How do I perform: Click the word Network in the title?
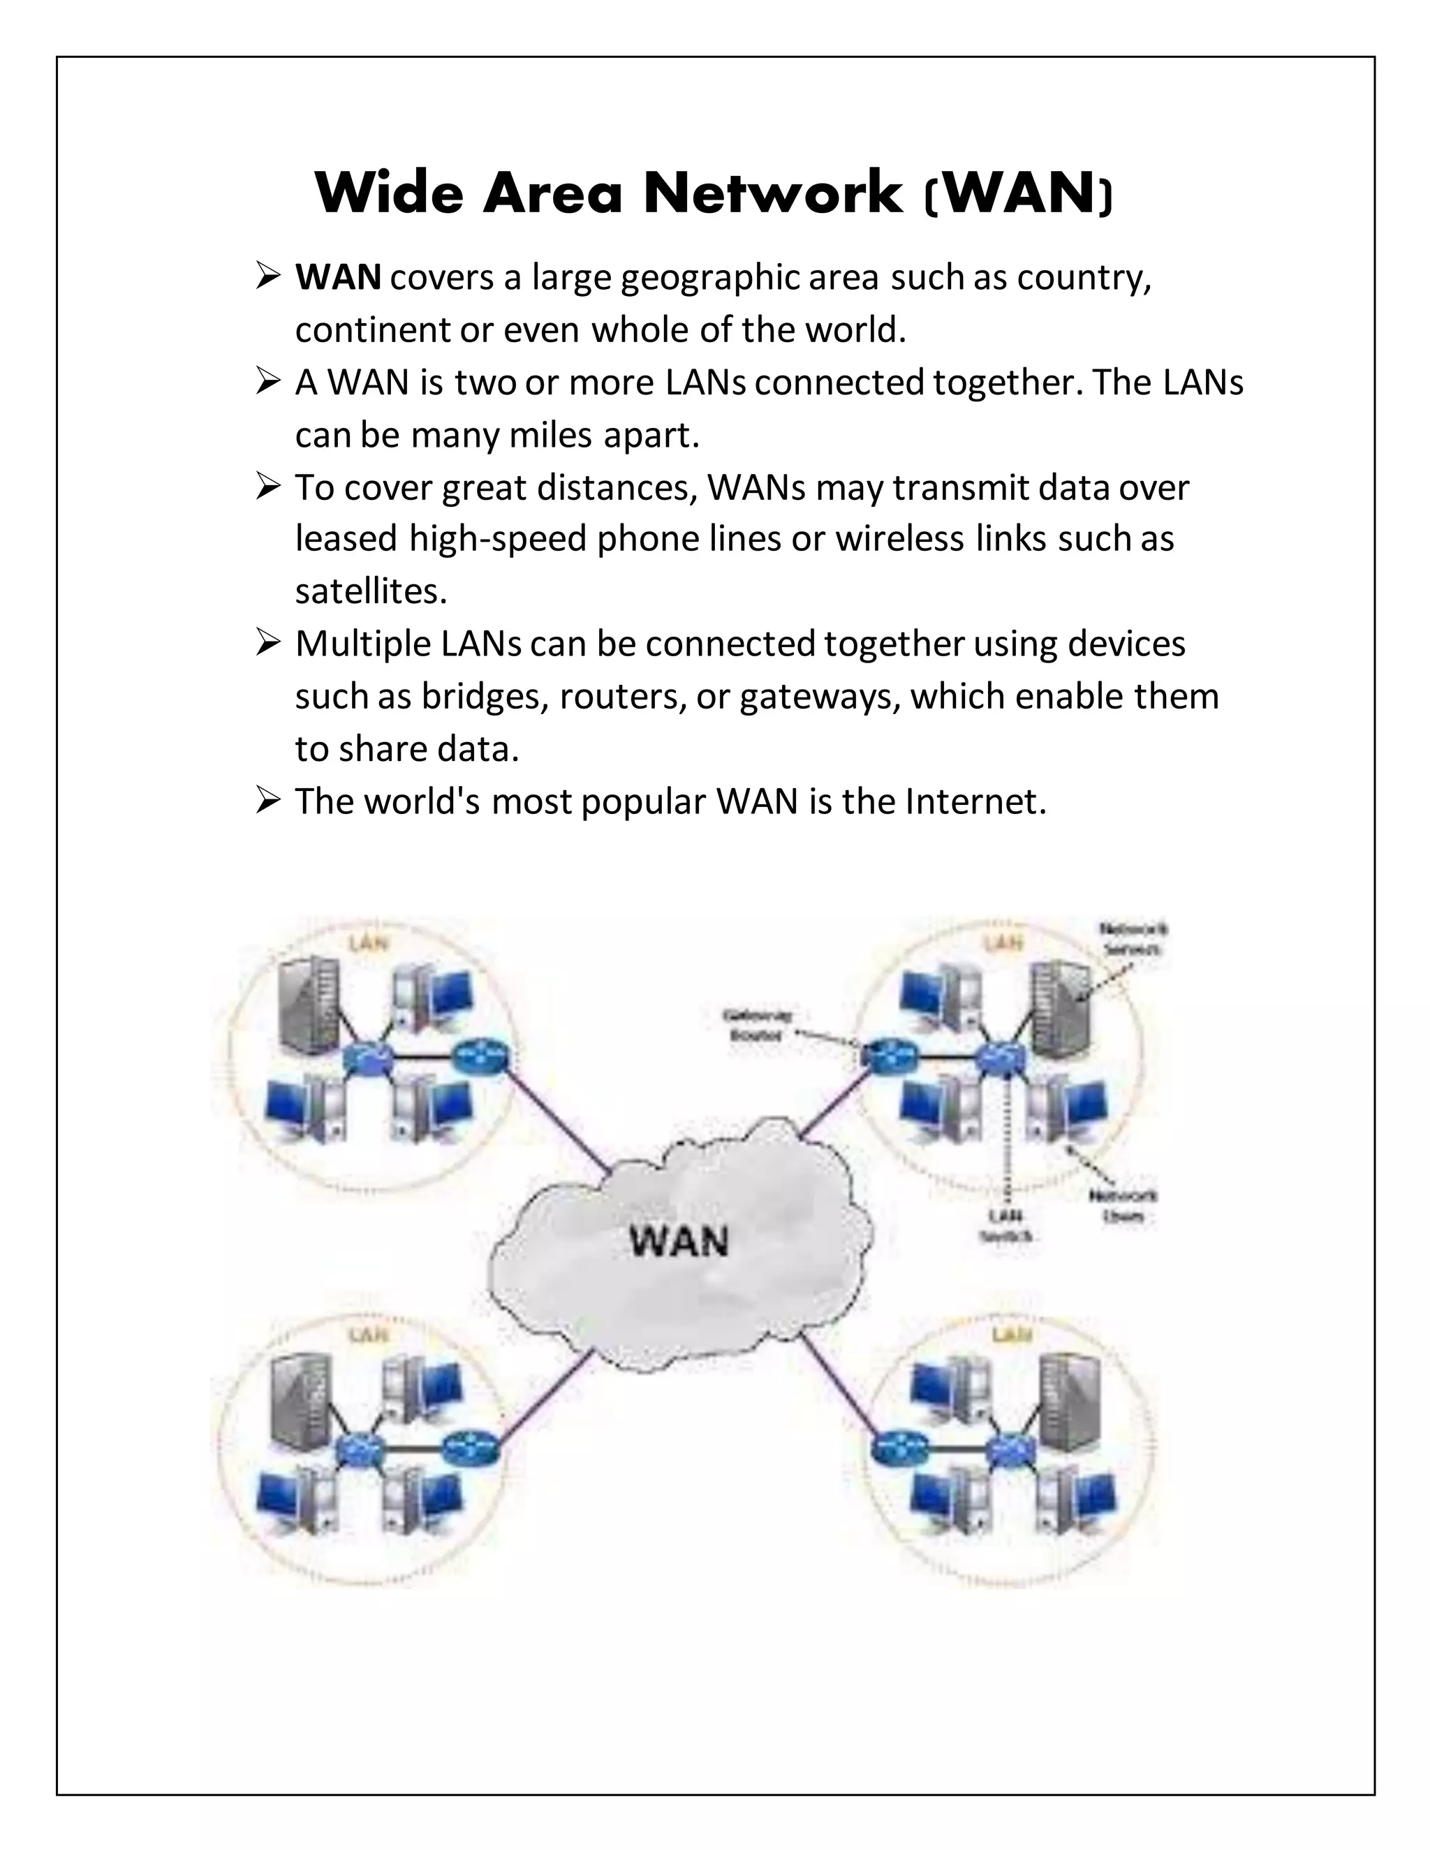(x=773, y=193)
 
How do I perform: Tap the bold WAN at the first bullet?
(x=337, y=278)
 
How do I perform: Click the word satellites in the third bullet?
(x=369, y=591)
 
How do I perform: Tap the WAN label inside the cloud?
(x=679, y=1243)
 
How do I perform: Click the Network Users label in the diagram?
(x=1123, y=1206)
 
